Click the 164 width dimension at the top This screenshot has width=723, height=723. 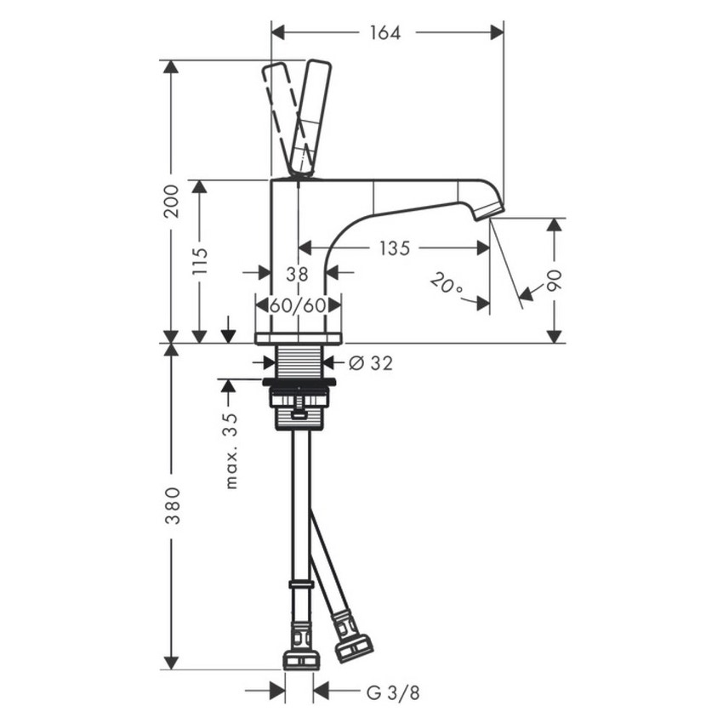[385, 32]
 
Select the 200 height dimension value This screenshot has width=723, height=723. [172, 201]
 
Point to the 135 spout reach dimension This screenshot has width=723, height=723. [394, 248]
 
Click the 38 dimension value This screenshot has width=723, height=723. [297, 273]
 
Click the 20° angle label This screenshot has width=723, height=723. [447, 284]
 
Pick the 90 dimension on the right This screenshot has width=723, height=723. [555, 281]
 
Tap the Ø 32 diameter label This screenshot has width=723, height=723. [370, 362]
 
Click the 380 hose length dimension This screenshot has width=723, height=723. [172, 505]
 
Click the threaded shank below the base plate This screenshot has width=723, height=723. [298, 362]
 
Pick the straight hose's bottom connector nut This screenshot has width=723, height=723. [300, 657]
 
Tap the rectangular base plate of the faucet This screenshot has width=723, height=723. [298, 338]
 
